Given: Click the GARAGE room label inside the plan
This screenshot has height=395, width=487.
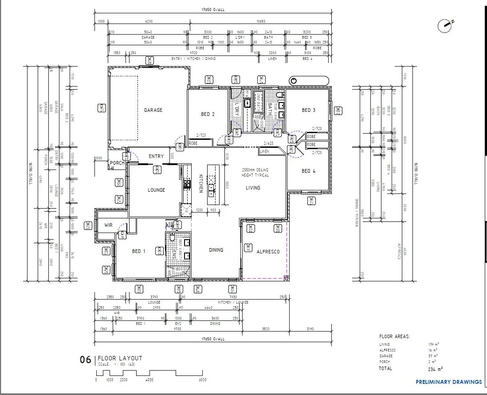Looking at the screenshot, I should click(153, 110).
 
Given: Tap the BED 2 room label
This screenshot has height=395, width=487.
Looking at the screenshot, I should click(208, 114).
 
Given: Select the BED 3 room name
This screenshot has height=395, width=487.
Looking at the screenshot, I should click(308, 110).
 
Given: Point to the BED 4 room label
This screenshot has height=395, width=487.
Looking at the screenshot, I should click(308, 171).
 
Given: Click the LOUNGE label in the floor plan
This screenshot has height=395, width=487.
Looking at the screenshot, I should click(156, 190).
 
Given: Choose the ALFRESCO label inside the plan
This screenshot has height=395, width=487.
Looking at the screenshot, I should click(268, 252).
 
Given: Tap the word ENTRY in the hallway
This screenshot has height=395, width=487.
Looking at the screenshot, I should click(156, 156).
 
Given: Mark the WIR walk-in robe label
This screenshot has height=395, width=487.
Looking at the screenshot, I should click(109, 225).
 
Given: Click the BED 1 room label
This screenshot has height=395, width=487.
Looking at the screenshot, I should click(139, 251).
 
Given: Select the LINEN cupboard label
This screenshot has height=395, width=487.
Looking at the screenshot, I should click(264, 152).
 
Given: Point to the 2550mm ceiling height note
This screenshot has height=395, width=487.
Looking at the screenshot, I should click(255, 172).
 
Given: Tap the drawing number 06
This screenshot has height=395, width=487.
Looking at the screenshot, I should click(85, 360).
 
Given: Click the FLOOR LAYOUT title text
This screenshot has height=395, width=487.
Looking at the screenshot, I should click(120, 358).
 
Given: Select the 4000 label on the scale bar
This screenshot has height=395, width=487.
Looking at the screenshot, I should click(149, 380).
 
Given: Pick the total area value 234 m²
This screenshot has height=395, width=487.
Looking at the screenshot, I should click(435, 369).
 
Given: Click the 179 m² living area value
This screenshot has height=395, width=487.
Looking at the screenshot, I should click(433, 344).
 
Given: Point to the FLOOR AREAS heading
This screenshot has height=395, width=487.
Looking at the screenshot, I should click(394, 337).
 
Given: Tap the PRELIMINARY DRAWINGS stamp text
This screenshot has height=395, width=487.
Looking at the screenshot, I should click(448, 382).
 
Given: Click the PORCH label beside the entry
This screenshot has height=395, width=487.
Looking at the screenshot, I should click(117, 163).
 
